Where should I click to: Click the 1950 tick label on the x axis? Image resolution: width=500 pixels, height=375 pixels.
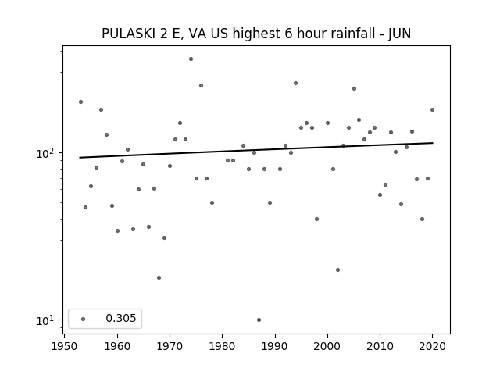click(x=65, y=346)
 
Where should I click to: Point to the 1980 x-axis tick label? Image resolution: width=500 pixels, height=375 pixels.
click(x=222, y=346)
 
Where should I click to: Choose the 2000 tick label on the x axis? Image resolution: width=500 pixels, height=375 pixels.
click(x=327, y=346)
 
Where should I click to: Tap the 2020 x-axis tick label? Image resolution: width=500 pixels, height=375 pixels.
click(x=432, y=346)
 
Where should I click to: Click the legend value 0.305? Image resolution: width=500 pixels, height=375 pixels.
click(x=121, y=318)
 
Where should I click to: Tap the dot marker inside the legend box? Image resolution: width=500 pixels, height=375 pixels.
click(x=84, y=319)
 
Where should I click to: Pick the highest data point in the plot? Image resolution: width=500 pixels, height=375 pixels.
click(x=191, y=59)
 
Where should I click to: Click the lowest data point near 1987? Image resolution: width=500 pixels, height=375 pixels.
click(x=259, y=320)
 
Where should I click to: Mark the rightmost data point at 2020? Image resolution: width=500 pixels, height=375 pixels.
click(x=432, y=109)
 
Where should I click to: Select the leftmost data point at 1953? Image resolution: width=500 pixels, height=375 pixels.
click(x=80, y=102)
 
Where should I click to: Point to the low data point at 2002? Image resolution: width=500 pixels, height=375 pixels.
click(x=338, y=270)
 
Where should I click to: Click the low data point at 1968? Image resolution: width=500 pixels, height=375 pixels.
click(x=159, y=278)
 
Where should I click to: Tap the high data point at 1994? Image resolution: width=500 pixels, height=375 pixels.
click(x=295, y=84)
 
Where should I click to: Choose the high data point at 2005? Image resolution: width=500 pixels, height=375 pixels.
click(x=354, y=88)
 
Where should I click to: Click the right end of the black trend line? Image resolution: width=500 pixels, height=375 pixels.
click(x=433, y=143)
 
